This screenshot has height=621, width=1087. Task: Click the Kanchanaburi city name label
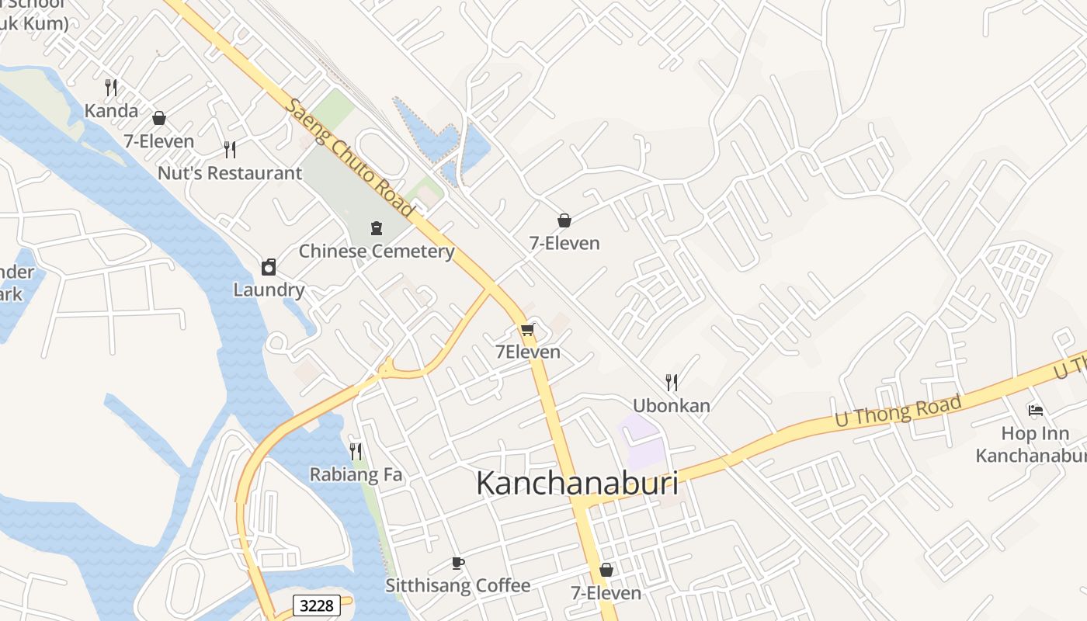point(577,483)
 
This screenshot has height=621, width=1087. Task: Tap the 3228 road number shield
point(317,605)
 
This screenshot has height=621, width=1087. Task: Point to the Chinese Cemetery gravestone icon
point(377,228)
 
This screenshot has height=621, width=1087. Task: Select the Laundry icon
point(269,267)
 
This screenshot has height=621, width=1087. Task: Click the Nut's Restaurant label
point(230,173)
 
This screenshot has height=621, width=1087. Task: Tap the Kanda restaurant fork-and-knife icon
point(111,87)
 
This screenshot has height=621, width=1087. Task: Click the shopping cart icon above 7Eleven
point(528,330)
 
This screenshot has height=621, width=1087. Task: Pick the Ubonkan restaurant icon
point(672,382)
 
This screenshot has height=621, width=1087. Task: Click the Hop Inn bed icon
point(1035,410)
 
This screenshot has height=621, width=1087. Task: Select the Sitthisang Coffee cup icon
point(458,563)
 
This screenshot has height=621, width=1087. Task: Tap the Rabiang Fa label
point(356,474)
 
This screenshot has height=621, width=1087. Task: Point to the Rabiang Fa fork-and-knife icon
point(356,451)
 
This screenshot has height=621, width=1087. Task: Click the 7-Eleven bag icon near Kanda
point(159,118)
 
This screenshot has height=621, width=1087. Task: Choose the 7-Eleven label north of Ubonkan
point(564,243)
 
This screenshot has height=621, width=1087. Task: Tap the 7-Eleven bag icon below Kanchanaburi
point(606,570)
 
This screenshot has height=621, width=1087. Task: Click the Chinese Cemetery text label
point(377,252)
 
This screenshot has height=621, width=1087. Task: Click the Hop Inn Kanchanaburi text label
point(1030,445)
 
